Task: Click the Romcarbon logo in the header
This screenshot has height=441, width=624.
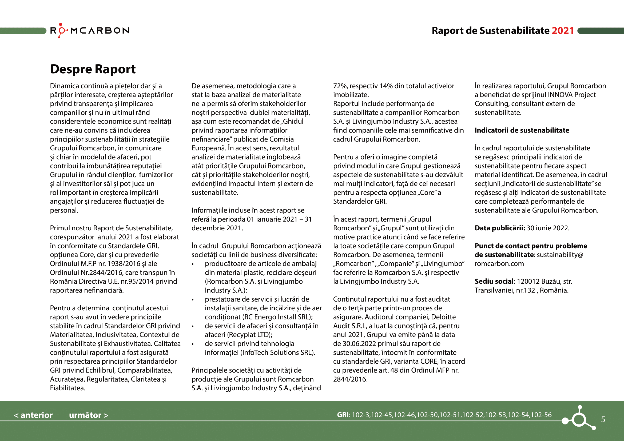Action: tap(90, 30)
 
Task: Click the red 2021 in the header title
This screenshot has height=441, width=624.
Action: tap(563, 31)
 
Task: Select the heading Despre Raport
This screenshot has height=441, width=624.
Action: tap(93, 69)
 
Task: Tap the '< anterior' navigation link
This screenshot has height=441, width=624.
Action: tap(33, 415)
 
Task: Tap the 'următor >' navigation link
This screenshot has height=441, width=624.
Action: tap(89, 415)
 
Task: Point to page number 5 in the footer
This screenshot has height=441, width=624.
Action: tap(603, 420)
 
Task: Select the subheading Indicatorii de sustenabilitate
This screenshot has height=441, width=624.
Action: tap(522, 130)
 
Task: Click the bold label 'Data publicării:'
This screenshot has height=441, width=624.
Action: tap(499, 228)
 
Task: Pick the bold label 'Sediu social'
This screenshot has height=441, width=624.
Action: tap(494, 281)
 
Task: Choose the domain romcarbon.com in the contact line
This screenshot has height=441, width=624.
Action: tap(499, 264)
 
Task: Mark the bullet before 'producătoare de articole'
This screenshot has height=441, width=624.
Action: tap(193, 264)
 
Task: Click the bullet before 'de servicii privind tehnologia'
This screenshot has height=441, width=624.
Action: tap(193, 344)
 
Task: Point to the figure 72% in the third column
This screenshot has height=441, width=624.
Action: tap(340, 86)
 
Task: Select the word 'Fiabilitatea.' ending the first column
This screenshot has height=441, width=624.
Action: tap(68, 388)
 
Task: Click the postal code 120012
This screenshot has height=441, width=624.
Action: tap(528, 281)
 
